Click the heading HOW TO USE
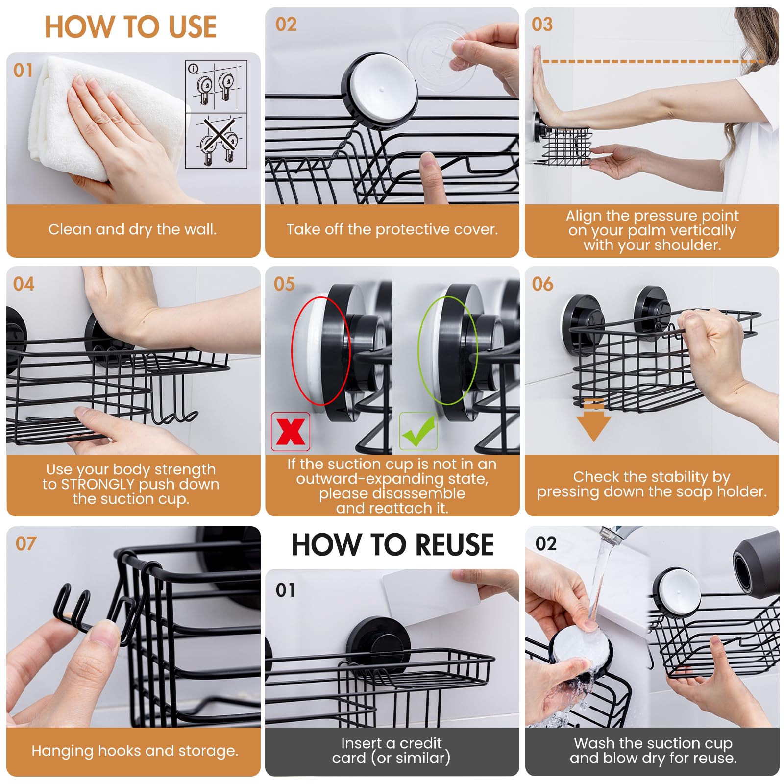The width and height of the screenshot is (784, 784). click(130, 26)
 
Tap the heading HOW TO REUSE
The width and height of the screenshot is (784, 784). click(392, 544)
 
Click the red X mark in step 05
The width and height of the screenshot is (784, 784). click(291, 432)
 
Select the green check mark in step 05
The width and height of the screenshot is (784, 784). click(418, 431)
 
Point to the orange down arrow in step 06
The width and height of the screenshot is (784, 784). click(593, 420)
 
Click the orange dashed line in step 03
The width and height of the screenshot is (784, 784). click(652, 61)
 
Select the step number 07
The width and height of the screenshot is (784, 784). click(26, 543)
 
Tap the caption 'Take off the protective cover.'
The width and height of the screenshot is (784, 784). click(392, 229)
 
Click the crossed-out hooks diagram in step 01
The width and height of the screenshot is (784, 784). click(216, 141)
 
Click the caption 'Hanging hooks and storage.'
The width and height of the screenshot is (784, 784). click(135, 751)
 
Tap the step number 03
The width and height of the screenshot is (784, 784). click(542, 24)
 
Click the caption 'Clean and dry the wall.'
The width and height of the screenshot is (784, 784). click(132, 229)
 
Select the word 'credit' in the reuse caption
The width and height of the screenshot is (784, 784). click(420, 743)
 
